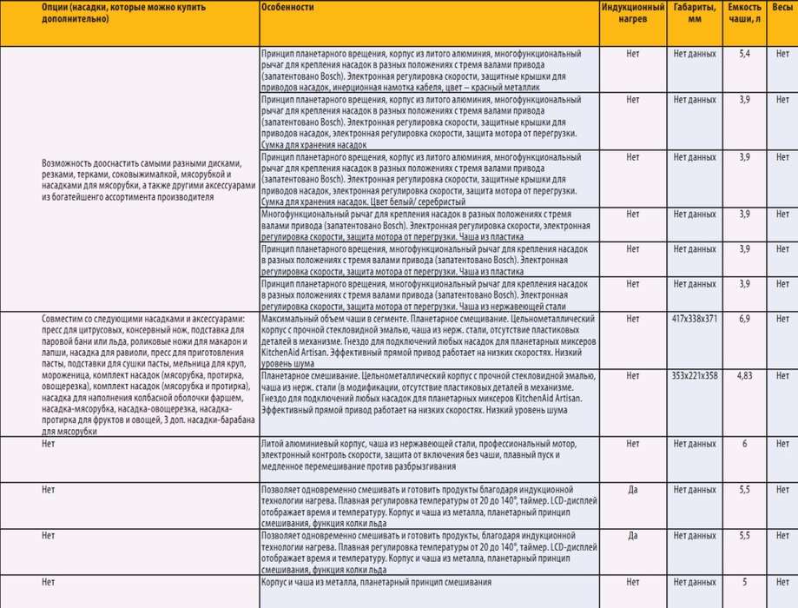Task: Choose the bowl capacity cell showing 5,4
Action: coord(743,54)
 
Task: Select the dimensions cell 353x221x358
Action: coord(694,375)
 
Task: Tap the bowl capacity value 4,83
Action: coord(743,375)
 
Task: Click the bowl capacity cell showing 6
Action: coord(743,443)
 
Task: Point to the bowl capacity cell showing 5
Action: coord(743,582)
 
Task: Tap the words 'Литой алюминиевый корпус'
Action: coord(309,443)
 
